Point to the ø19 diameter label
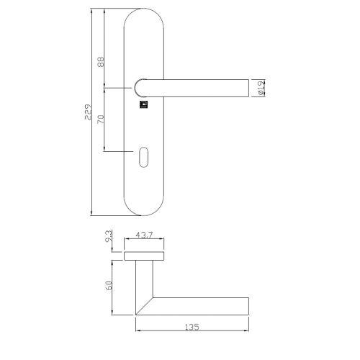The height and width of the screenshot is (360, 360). click(x=260, y=87)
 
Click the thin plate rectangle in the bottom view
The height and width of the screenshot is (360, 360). click(x=148, y=256)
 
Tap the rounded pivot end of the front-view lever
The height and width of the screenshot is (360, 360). click(x=140, y=87)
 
